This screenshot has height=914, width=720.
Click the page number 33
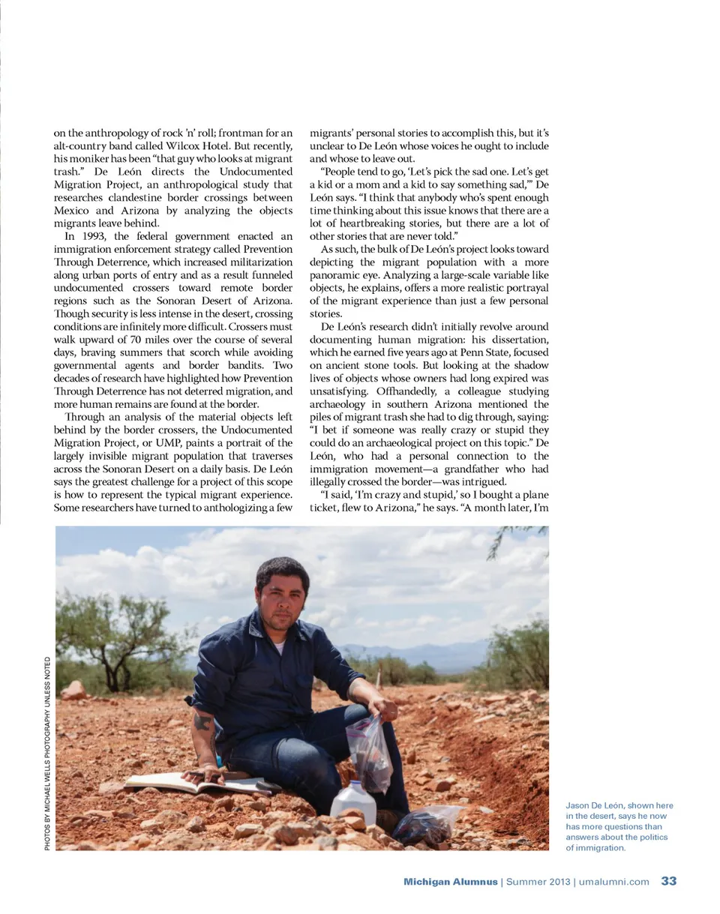669,881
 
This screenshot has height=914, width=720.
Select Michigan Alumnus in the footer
450,882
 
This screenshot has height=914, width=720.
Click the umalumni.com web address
612,882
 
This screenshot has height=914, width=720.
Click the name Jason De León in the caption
598,805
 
